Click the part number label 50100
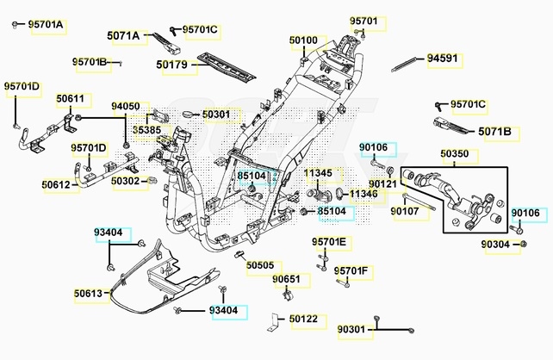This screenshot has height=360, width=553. (x=303, y=40)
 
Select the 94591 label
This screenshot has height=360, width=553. (x=444, y=59)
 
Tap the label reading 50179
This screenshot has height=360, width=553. (x=172, y=64)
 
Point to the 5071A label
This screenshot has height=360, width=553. (x=123, y=35)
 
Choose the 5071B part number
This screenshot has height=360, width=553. (x=494, y=132)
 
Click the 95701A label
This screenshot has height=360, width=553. (x=46, y=25)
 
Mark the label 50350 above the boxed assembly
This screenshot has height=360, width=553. (x=455, y=155)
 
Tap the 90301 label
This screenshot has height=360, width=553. (x=351, y=329)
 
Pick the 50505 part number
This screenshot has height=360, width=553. (x=259, y=265)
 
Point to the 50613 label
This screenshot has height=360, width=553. (x=88, y=294)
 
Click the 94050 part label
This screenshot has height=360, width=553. (x=125, y=107)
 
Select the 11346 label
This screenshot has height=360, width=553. (x=363, y=194)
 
